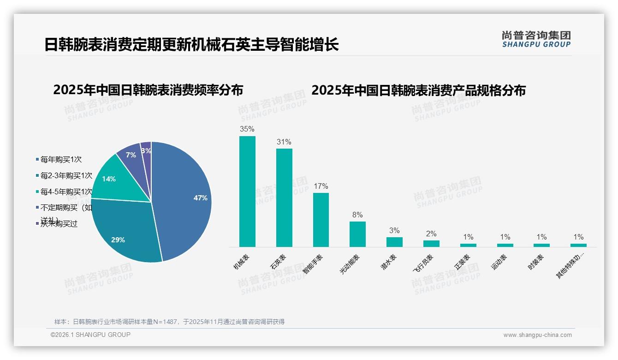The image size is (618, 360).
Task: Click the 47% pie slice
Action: [184, 198]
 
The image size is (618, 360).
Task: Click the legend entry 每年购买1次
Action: [61, 160]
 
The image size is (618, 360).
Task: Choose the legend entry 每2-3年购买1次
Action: [66, 176]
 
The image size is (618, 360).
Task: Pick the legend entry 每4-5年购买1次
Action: [66, 192]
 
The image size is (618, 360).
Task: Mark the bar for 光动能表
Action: [357, 234]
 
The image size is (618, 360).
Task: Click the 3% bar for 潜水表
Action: [394, 242]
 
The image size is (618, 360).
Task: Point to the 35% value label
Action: [247, 129]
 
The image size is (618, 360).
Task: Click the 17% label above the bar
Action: [321, 186]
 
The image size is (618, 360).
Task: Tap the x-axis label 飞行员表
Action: [423, 264]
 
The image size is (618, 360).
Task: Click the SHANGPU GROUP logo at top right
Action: [536, 39]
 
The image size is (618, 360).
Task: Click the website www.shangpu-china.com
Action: [537, 335]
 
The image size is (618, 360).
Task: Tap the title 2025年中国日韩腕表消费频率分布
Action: [148, 90]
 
